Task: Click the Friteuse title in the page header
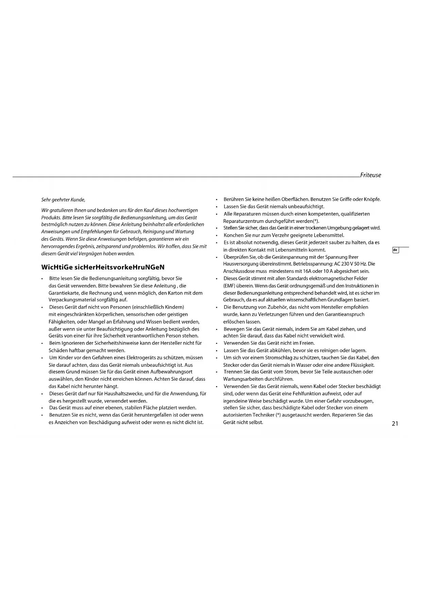tap(371, 175)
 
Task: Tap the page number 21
tap(395, 424)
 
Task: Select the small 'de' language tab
tap(395, 250)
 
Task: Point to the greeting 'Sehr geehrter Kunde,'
tap(63, 200)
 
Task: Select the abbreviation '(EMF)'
tap(230, 286)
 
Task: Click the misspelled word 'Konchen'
tap(233, 235)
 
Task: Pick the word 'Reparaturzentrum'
tap(243, 221)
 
